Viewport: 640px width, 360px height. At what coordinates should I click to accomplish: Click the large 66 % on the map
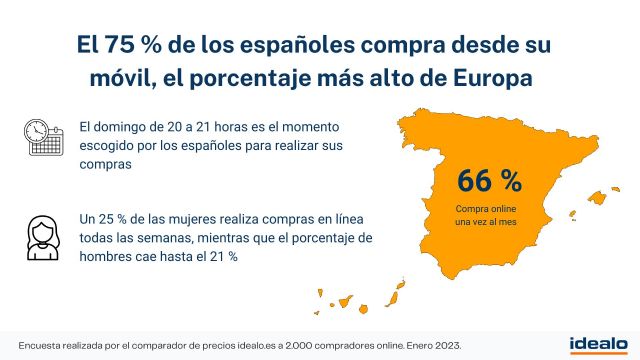click(490, 181)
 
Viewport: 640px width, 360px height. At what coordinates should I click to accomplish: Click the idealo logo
click(598, 344)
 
